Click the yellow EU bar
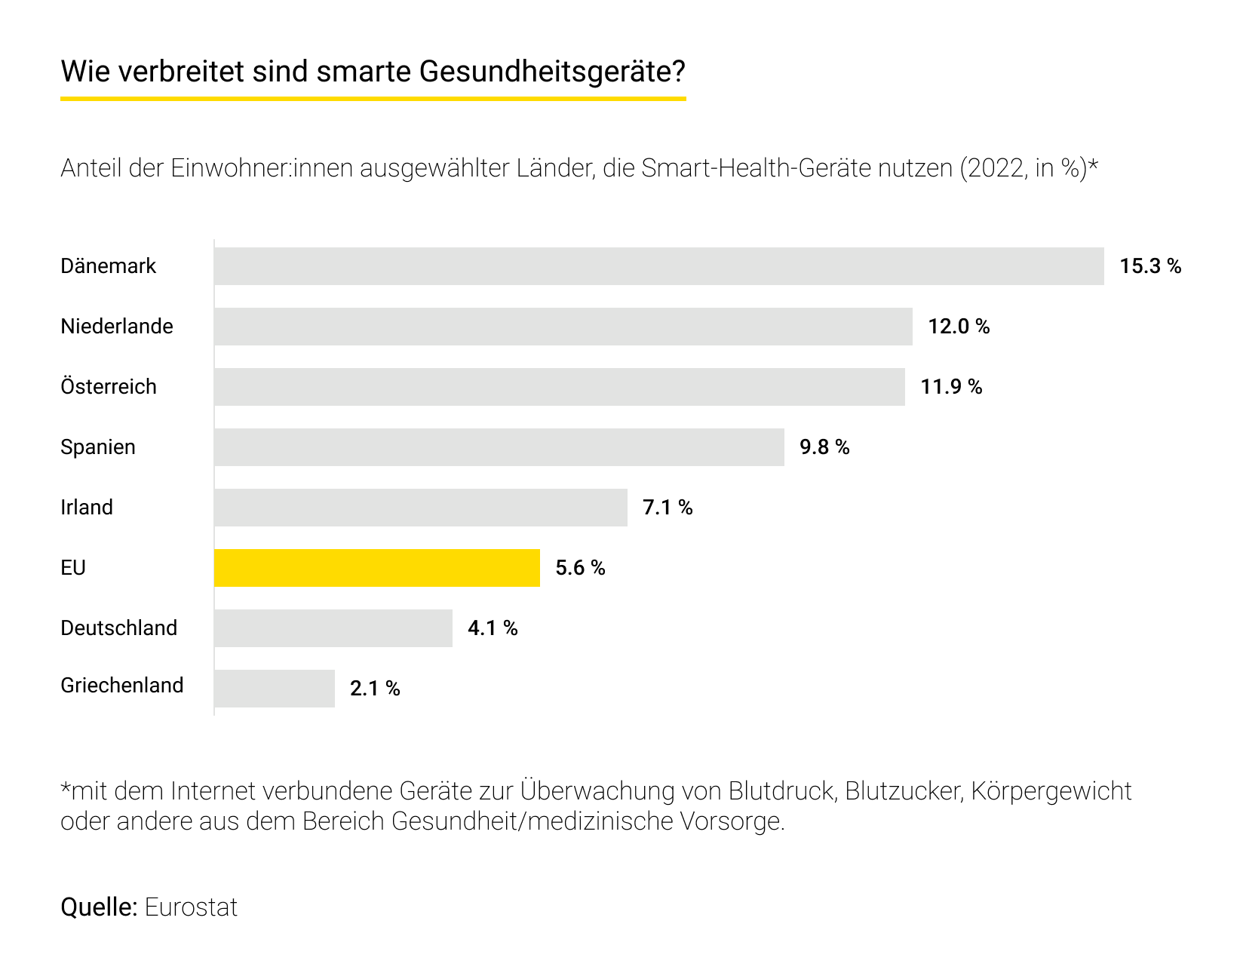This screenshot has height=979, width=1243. click(x=377, y=568)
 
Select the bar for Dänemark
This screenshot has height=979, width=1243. click(x=658, y=266)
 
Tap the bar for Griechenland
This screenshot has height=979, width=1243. click(x=275, y=689)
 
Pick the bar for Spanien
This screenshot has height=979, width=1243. click(x=499, y=447)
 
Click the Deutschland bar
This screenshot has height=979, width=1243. click(x=333, y=628)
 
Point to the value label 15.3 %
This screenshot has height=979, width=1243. click(x=1150, y=266)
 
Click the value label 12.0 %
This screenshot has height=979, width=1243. click(x=959, y=327)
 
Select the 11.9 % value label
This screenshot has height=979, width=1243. click(x=951, y=387)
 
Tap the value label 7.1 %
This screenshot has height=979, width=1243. click(x=668, y=508)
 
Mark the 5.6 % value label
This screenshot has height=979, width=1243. click(x=580, y=568)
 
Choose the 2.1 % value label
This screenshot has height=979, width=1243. click(x=375, y=689)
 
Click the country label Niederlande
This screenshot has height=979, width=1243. click(x=117, y=327)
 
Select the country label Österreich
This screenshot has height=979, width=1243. click(x=109, y=387)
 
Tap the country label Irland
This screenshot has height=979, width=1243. click(x=87, y=508)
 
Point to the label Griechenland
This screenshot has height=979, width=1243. click(x=122, y=686)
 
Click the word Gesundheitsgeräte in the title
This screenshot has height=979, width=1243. click(x=551, y=72)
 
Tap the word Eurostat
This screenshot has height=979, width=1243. click(x=191, y=907)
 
